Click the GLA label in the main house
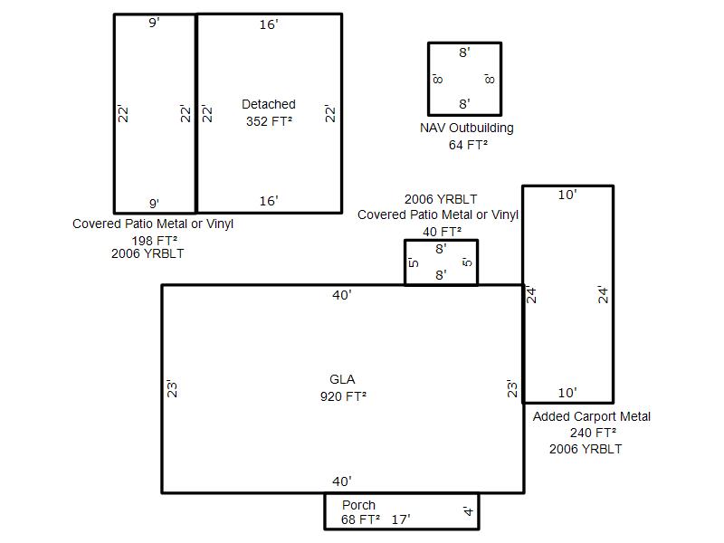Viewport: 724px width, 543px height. pos(342,379)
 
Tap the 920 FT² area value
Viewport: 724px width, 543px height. pos(343,396)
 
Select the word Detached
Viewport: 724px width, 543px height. pos(269,104)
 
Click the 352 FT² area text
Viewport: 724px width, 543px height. pos(269,121)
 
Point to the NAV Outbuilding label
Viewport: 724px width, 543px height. pos(467,128)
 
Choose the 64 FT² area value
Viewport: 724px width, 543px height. pos(468,145)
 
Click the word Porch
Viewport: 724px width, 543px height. pos(358,505)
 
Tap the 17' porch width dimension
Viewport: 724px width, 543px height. pos(401,519)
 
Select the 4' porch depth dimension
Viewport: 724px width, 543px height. pos(468,511)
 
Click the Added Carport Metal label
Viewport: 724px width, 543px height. pos(592,416)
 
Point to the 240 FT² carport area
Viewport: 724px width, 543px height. pos(593,433)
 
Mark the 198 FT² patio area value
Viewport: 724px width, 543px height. pos(155,241)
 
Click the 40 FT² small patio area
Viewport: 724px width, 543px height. pos(442,232)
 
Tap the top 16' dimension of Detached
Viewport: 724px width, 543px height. pos(269,24)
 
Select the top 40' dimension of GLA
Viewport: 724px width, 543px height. pos(342,295)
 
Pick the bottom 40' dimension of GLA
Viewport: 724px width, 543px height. pos(342,481)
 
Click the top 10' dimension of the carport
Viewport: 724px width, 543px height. pos(567,195)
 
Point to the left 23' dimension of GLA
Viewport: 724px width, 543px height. pos(172,389)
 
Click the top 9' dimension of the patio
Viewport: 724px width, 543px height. pos(154,23)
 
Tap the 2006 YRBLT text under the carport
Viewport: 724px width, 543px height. pos(586,449)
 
